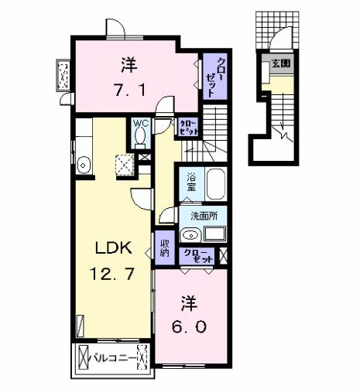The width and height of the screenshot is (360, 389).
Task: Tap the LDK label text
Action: click(114, 248)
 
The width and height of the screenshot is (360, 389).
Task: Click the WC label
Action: click(140, 123)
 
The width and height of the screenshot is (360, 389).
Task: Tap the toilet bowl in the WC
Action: click(140, 138)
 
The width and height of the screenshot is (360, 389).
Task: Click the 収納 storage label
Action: click(164, 247)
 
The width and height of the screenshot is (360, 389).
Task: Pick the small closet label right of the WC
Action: click(187, 126)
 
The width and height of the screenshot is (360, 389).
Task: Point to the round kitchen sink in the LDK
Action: click(84, 164)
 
